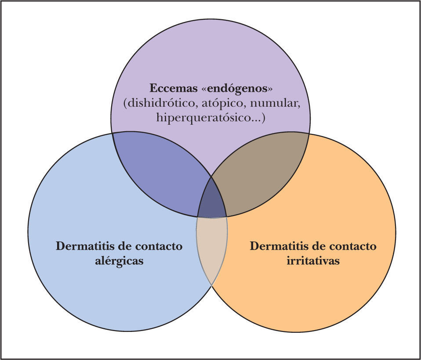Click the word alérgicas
click(x=119, y=260)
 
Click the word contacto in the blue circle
click(x=158, y=246)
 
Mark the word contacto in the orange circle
click(x=352, y=246)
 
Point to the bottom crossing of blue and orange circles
click(x=212, y=285)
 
